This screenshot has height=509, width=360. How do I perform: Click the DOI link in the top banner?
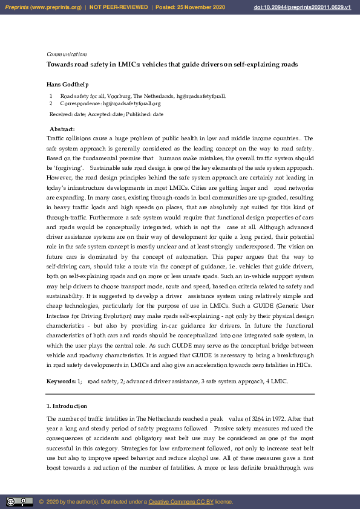pos(311,7)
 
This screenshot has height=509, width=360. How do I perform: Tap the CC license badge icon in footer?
pos(19,502)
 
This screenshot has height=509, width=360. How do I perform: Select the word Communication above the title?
pos(67,54)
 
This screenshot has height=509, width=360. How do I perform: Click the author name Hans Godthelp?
pos(69,84)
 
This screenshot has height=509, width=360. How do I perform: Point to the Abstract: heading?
pos(62,129)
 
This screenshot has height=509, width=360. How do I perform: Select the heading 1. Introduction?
pos(67,406)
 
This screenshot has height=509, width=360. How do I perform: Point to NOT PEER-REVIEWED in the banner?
pos(119,7)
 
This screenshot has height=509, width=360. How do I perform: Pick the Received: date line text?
pos(106,114)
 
